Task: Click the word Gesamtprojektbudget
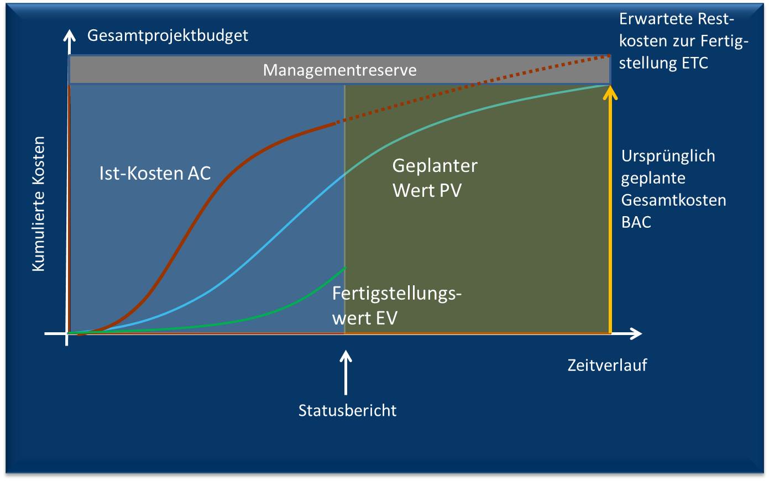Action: (x=168, y=35)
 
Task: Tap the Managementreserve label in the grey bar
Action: (x=339, y=70)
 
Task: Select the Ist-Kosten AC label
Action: (x=155, y=173)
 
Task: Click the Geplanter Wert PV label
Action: (x=435, y=177)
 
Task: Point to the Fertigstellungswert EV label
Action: (x=396, y=305)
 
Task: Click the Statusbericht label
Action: (x=347, y=410)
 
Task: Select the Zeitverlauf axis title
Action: (x=607, y=365)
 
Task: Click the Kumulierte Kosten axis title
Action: (x=38, y=204)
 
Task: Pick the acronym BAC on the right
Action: (x=636, y=222)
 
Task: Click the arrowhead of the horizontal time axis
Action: (x=636, y=333)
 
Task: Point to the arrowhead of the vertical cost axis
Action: (x=69, y=36)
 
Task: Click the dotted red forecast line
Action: (x=475, y=85)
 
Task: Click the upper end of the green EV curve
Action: (x=345, y=268)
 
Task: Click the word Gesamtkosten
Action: (x=673, y=200)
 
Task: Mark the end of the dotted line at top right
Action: (x=609, y=55)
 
